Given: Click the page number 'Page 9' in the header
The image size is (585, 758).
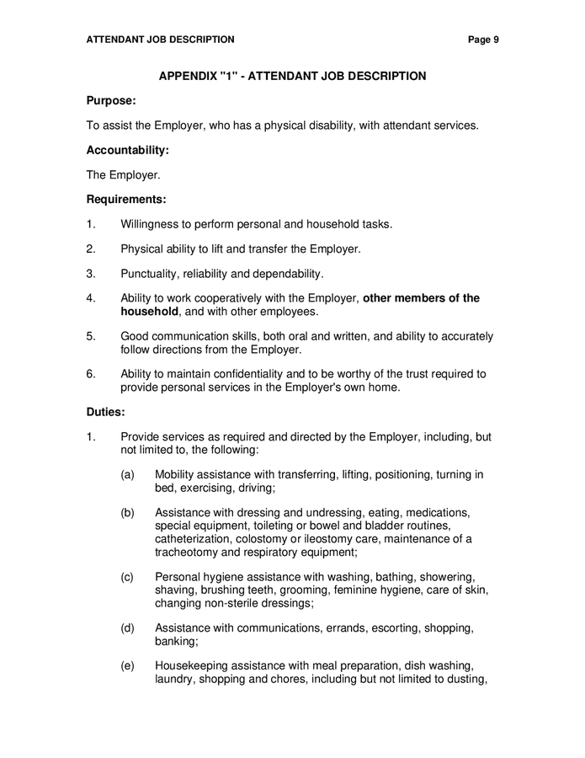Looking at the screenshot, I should coord(484,39).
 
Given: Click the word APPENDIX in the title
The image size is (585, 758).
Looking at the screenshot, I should coord(188,76).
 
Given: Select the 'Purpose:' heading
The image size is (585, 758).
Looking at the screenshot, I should coord(111,100).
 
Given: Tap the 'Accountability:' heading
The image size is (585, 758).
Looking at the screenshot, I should coord(128,150).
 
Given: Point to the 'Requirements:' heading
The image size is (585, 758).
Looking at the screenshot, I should coord(126,200).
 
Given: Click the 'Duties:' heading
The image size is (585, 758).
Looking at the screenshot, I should coord(106,413).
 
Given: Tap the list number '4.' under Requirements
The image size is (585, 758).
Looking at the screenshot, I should coord(91,298).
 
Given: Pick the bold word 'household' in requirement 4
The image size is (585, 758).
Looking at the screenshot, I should coord(149,312).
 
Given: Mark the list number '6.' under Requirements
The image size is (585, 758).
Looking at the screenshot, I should coord(91,374).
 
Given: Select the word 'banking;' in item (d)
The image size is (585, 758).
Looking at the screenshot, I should coord(176,641).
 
